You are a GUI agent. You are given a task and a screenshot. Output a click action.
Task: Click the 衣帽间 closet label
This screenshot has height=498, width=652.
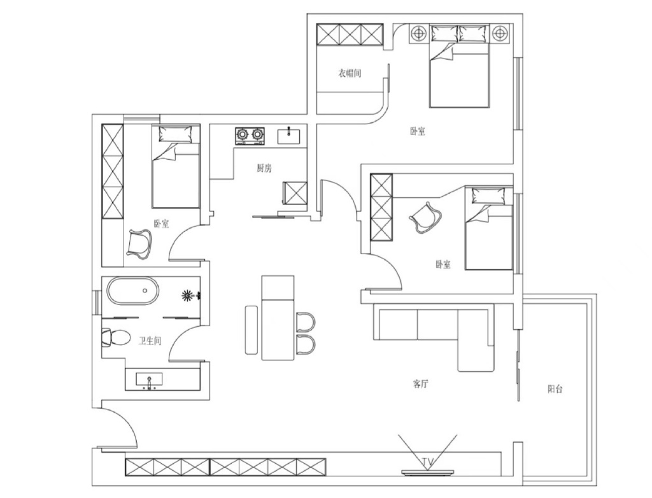click(x=349, y=74)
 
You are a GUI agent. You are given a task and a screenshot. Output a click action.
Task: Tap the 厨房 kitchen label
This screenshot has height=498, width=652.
click(x=264, y=169)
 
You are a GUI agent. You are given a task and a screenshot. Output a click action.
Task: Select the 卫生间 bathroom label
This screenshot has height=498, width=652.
click(x=150, y=341)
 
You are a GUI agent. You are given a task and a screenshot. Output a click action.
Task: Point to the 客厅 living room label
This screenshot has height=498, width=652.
click(x=420, y=383)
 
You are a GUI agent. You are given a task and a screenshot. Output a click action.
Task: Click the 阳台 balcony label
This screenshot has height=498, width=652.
click(x=555, y=389)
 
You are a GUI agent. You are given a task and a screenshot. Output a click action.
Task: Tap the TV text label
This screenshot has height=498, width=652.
click(x=427, y=462)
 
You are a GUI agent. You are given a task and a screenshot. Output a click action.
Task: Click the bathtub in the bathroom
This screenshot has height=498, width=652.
click(x=133, y=291)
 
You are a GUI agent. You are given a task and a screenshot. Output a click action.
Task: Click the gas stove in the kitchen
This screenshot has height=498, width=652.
click(x=250, y=136)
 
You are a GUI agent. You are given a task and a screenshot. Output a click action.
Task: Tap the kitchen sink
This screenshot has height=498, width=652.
click(x=288, y=136)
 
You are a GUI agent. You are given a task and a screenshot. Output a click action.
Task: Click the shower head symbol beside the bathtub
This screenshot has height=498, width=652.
click(x=188, y=295)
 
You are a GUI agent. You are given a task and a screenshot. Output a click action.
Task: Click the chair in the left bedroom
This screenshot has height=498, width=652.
click(x=139, y=243)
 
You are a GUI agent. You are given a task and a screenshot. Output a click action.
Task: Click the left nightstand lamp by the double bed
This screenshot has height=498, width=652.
click(x=419, y=33)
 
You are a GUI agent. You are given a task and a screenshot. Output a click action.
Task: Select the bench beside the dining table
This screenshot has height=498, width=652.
click(x=252, y=330)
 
